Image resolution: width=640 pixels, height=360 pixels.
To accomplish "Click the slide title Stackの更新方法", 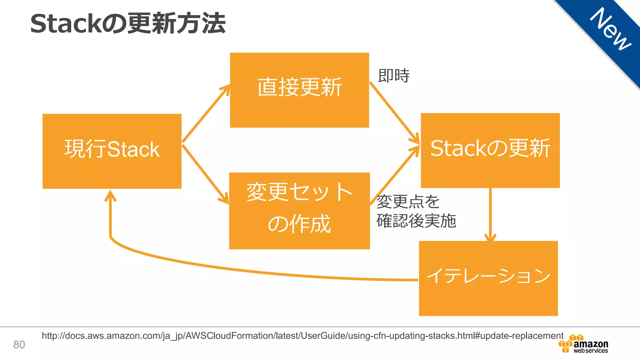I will coord(127,24).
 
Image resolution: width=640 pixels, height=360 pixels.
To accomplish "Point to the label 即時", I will coord(393,76).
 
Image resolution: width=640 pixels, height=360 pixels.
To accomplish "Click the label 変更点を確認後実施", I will coord(416,211).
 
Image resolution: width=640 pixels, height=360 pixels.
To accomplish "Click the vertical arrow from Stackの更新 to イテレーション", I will coord(490,214).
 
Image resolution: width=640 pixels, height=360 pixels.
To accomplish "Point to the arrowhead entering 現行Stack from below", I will coord(110,196).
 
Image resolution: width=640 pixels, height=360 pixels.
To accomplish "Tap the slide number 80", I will coord(19,345).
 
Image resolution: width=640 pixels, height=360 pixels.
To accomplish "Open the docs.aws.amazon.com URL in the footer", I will coord(302,336).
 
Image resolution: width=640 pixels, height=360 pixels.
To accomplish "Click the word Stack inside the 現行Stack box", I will coord(133,149).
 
